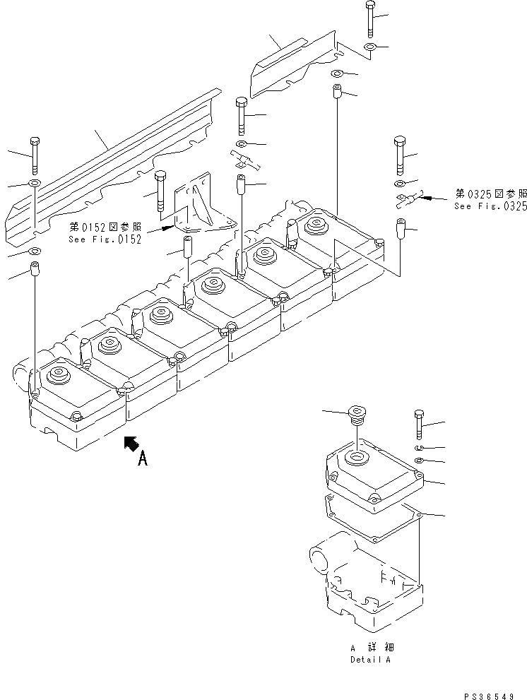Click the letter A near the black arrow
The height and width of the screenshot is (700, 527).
point(142,459)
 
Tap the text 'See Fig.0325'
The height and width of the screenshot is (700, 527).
point(490,206)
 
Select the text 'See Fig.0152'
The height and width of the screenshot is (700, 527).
point(105,239)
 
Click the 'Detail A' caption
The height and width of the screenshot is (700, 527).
point(369,660)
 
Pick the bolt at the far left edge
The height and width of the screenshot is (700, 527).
point(34,154)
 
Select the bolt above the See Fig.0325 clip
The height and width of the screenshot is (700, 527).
point(398,155)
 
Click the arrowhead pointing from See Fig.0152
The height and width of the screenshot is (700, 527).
point(168,228)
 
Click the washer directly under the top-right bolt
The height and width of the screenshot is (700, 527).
point(370,47)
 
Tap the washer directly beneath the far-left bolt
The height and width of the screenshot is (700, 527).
point(34,184)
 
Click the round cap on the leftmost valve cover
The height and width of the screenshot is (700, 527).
point(55,374)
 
